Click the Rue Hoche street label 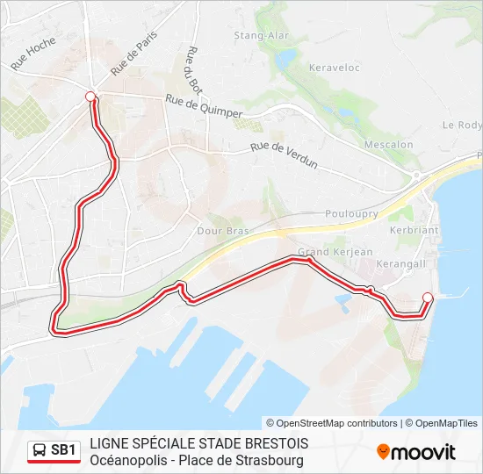pos(34,54)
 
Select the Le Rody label pos(462,126)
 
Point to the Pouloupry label pos(350,213)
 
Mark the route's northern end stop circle pos(90,97)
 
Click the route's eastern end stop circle pos(428,297)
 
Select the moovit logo pos(416,452)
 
